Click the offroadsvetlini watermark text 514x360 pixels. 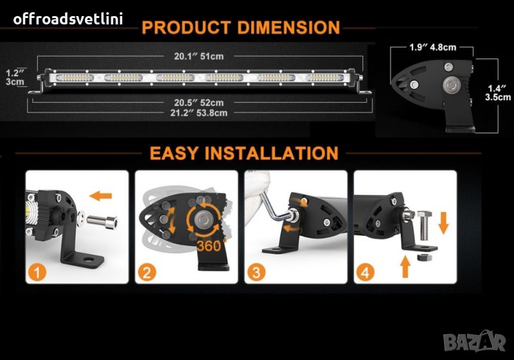(x=68, y=19)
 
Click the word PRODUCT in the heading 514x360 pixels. (x=186, y=27)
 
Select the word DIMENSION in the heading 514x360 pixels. (x=288, y=27)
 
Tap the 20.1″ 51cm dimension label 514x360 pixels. (x=199, y=57)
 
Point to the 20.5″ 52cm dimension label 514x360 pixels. (x=199, y=103)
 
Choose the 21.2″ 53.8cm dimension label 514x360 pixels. (x=199, y=113)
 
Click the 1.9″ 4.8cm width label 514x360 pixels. (x=432, y=47)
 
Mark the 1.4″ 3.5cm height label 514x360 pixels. (x=497, y=93)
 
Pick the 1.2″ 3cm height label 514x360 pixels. (x=15, y=77)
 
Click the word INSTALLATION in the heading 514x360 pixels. (x=272, y=153)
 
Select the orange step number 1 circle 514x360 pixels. (x=37, y=272)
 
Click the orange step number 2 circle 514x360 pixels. (x=146, y=272)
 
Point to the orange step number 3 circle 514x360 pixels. (x=256, y=272)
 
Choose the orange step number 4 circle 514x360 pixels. (x=365, y=272)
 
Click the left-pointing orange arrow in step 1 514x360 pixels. (x=101, y=196)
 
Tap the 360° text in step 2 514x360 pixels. (x=211, y=245)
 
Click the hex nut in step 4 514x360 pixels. (x=423, y=256)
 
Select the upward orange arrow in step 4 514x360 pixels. (x=406, y=267)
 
